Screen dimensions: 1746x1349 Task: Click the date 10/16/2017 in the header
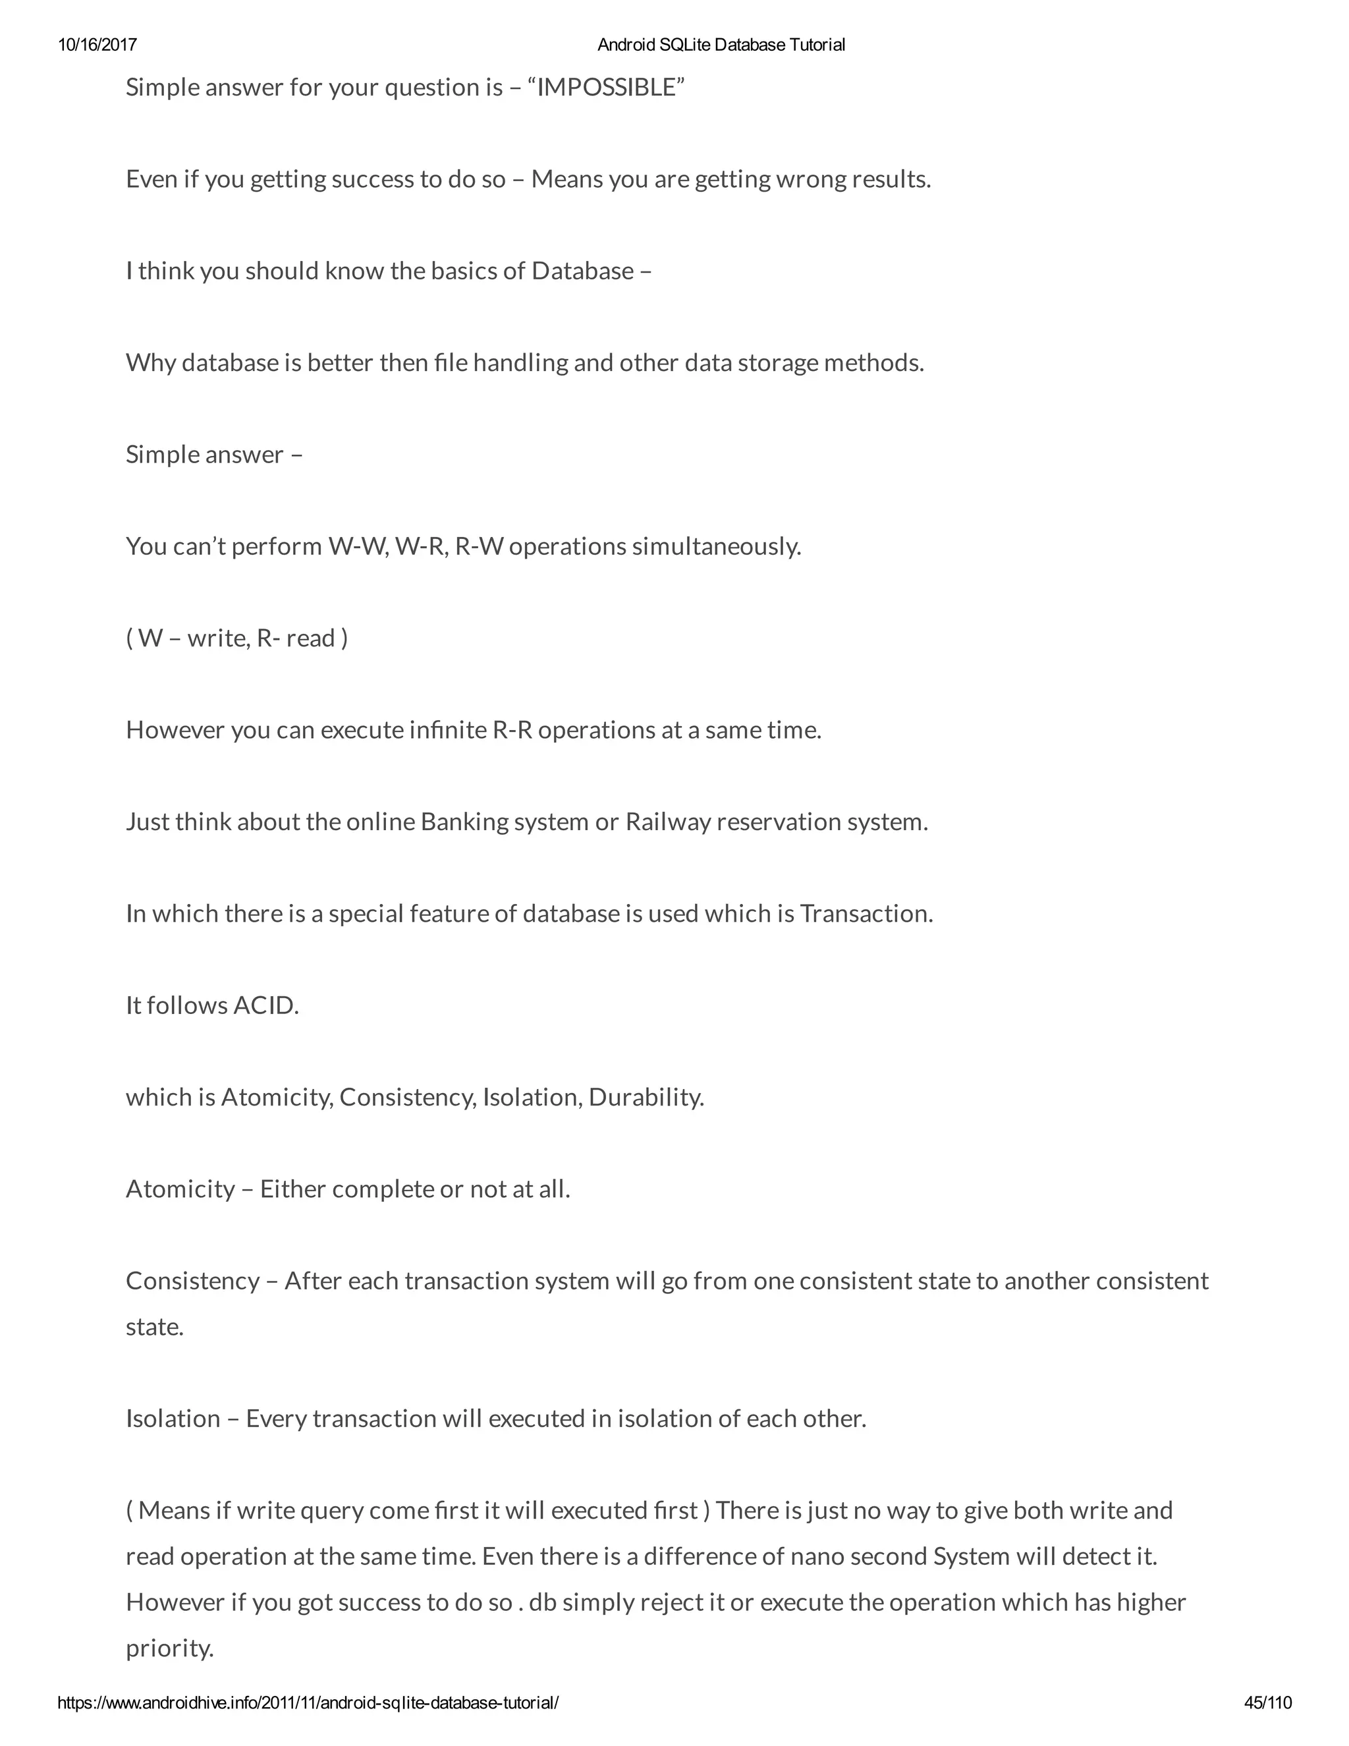pos(97,45)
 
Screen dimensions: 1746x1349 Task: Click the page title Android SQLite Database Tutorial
pos(721,45)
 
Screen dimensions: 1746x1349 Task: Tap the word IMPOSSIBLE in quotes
pos(607,87)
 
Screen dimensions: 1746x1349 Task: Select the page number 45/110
pos(1267,1703)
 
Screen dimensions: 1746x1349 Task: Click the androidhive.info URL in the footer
pos(308,1703)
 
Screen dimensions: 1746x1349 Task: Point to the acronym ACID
pos(265,1005)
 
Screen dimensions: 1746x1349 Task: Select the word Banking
pos(464,822)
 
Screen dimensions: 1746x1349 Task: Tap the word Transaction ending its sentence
pos(866,914)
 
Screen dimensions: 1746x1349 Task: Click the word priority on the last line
pos(169,1648)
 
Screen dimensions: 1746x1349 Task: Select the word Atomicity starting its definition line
pos(180,1189)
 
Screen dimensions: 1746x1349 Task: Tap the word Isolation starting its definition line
pos(173,1419)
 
